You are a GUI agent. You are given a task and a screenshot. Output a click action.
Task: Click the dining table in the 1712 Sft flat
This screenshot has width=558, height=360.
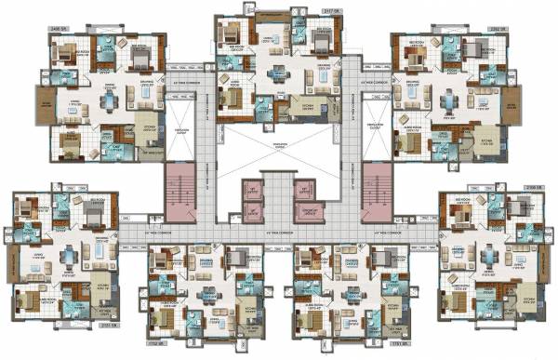point(204,296)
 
